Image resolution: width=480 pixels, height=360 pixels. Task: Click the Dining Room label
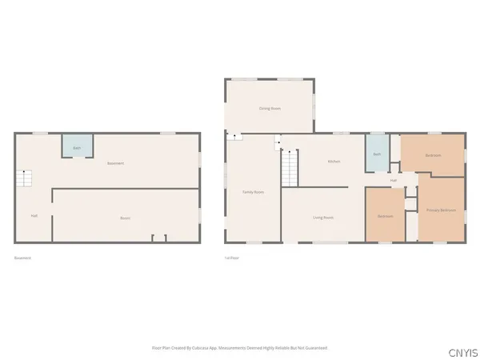pos(269,108)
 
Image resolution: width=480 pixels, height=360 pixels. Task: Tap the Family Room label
pos(254,192)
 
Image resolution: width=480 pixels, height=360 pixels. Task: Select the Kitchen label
pos(334,162)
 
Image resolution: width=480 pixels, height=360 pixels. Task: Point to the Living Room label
pos(323,218)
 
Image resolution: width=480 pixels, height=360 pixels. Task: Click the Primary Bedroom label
pos(441,210)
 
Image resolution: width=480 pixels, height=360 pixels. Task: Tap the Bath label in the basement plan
pos(78,148)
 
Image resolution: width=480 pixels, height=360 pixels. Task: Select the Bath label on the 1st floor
pos(376,154)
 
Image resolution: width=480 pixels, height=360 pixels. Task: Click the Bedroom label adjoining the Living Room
pos(385,217)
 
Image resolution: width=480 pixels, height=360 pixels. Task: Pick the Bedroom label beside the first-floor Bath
pos(433,154)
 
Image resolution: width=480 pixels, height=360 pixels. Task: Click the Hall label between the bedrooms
pos(394,181)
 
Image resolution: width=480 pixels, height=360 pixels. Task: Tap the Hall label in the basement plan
pos(34,215)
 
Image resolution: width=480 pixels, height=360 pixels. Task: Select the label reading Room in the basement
pos(126,218)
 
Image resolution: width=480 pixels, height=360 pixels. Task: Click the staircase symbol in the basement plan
pos(26,178)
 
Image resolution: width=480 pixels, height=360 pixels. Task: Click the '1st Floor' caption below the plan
pos(233,258)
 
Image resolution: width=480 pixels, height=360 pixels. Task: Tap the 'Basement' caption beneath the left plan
pos(23,258)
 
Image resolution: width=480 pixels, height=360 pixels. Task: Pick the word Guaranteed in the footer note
pos(316,348)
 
